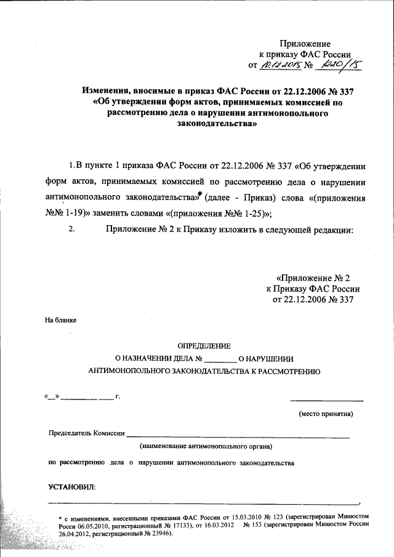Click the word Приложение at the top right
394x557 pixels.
[305, 44]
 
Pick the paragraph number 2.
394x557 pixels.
[72, 230]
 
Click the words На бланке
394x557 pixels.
[60, 320]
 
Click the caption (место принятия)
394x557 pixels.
[326, 414]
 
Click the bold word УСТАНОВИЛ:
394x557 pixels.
[71, 487]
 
